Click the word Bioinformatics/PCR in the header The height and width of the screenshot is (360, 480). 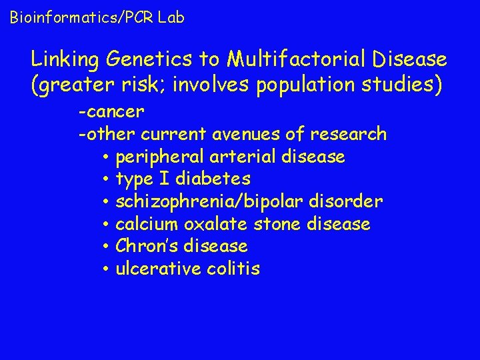tap(81, 18)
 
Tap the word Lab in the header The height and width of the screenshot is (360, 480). tap(171, 17)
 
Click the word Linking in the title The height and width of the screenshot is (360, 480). tap(64, 60)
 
